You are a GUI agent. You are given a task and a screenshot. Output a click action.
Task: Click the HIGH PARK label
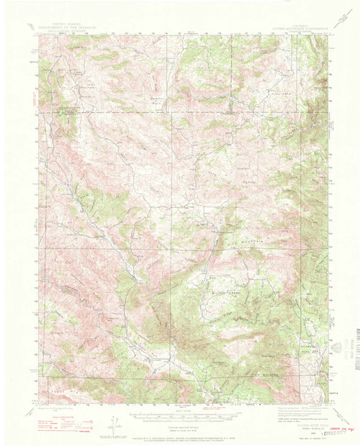pyautogui.click(x=284, y=94)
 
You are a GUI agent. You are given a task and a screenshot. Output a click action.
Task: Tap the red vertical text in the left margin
pyautogui.click(x=36, y=101)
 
